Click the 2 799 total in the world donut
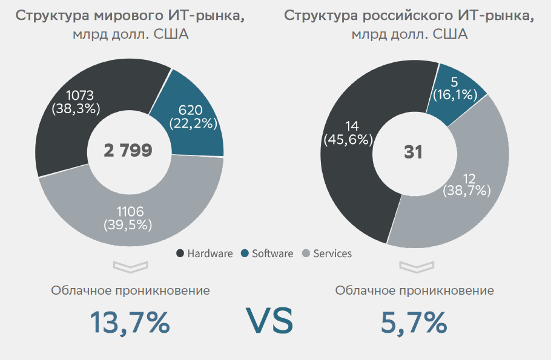coord(128,151)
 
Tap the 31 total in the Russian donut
coord(413,152)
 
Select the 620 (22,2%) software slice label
coord(190,117)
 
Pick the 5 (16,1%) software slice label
coord(454,88)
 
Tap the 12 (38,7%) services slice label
coord(467,184)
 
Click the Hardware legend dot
coord(180,254)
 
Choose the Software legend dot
coord(245,254)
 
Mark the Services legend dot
coord(305,254)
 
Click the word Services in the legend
coord(332,254)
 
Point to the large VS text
coord(269,321)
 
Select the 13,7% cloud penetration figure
coord(130,322)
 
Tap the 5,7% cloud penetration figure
coord(414,322)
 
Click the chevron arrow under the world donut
coord(130,266)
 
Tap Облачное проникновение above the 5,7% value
coord(414,290)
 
